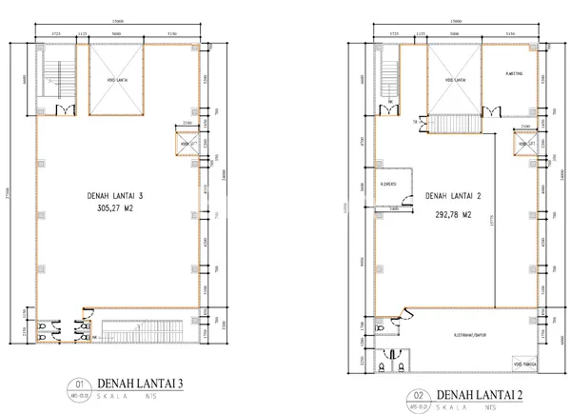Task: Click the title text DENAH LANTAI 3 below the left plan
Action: [x=144, y=384]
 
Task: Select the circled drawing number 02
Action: [x=415, y=392]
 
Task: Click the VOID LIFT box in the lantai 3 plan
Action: [x=187, y=144]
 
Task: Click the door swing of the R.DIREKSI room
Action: [x=405, y=199]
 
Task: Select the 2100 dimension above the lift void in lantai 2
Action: [x=524, y=127]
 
